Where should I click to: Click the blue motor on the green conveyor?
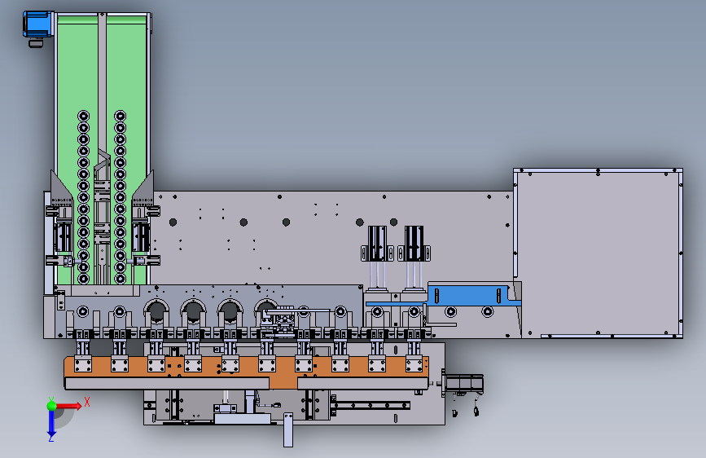pyautogui.click(x=37, y=24)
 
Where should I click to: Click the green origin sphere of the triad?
pyautogui.click(x=51, y=405)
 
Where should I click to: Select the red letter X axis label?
pyautogui.click(x=87, y=402)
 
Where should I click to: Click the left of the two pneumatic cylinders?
pyautogui.click(x=377, y=244)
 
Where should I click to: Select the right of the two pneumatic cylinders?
pyautogui.click(x=414, y=244)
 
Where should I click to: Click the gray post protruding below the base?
pyautogui.click(x=288, y=430)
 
